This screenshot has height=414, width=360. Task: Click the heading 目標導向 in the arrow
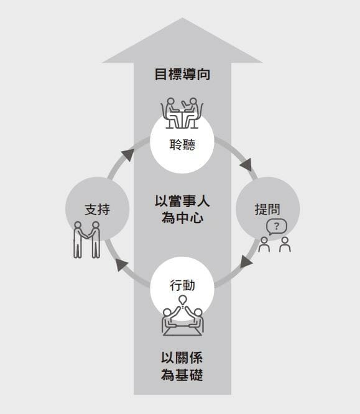(182, 74)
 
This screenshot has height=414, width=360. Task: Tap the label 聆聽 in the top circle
(182, 145)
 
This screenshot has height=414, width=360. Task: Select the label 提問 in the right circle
(267, 209)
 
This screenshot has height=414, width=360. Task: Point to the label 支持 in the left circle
(97, 209)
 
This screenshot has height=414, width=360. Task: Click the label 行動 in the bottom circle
(182, 285)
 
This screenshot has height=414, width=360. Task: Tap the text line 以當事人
(182, 201)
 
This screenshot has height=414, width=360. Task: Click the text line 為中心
(182, 218)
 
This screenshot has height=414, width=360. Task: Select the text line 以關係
(182, 358)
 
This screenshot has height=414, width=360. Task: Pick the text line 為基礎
(182, 375)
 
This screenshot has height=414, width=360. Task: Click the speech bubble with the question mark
(276, 227)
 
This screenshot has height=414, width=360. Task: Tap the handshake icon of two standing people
(86, 240)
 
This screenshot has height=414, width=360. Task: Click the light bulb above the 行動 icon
(183, 300)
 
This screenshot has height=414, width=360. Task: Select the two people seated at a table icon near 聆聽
(182, 113)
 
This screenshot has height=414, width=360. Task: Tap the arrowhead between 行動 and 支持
(121, 264)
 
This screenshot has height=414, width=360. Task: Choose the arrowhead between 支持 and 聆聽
(126, 154)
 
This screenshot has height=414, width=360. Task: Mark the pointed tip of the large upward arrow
(182, 18)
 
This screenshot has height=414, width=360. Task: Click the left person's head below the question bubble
(264, 240)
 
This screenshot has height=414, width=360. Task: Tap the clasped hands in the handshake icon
(86, 237)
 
